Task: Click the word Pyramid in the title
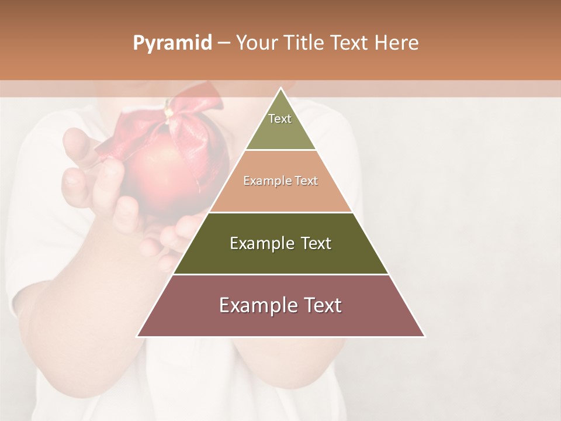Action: [x=172, y=43]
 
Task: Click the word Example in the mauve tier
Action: [x=255, y=305]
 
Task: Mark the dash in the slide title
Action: [x=223, y=43]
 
